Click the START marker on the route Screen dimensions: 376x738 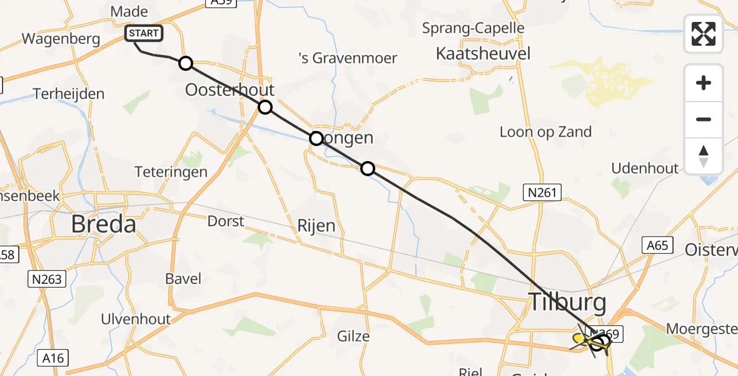tap(144, 33)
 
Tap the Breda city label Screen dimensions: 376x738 tap(103, 223)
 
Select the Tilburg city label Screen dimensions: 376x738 tap(568, 303)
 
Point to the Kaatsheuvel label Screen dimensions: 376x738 tap(485, 53)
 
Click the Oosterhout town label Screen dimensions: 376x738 tap(230, 90)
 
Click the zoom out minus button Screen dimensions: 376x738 tap(704, 119)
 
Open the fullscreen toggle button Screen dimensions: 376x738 tap(704, 33)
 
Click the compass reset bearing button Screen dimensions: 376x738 tap(704, 156)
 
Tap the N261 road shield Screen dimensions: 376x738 tap(542, 193)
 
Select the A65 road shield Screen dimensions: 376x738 tap(658, 245)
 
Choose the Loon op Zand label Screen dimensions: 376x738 tap(545, 132)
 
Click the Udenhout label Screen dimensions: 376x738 tap(645, 168)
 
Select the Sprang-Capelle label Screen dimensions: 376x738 tap(473, 28)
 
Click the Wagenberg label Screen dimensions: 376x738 tap(61, 39)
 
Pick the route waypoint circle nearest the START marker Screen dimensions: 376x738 tap(185, 63)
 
